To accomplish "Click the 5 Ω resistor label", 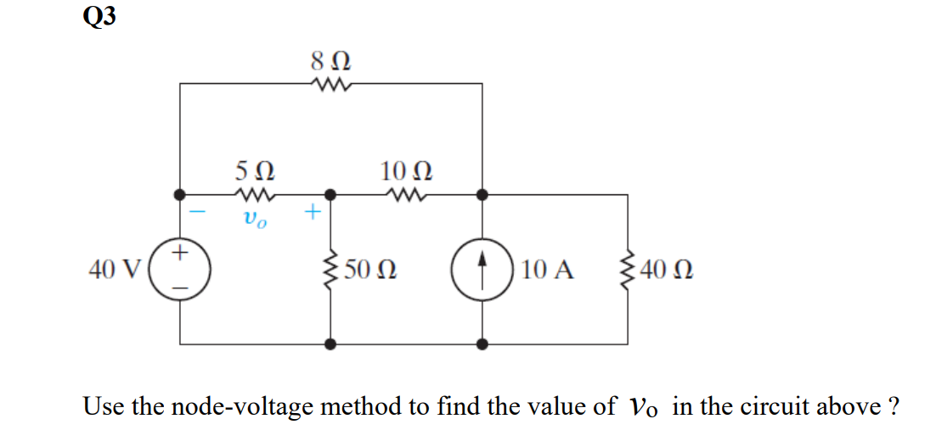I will [254, 173].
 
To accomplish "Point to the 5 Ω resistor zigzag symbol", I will [254, 194].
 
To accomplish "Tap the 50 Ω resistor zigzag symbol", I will [330, 270].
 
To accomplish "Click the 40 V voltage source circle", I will [180, 270].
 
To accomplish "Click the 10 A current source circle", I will [482, 270].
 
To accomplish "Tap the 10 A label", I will [548, 271].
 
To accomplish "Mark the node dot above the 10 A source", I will [482, 194].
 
